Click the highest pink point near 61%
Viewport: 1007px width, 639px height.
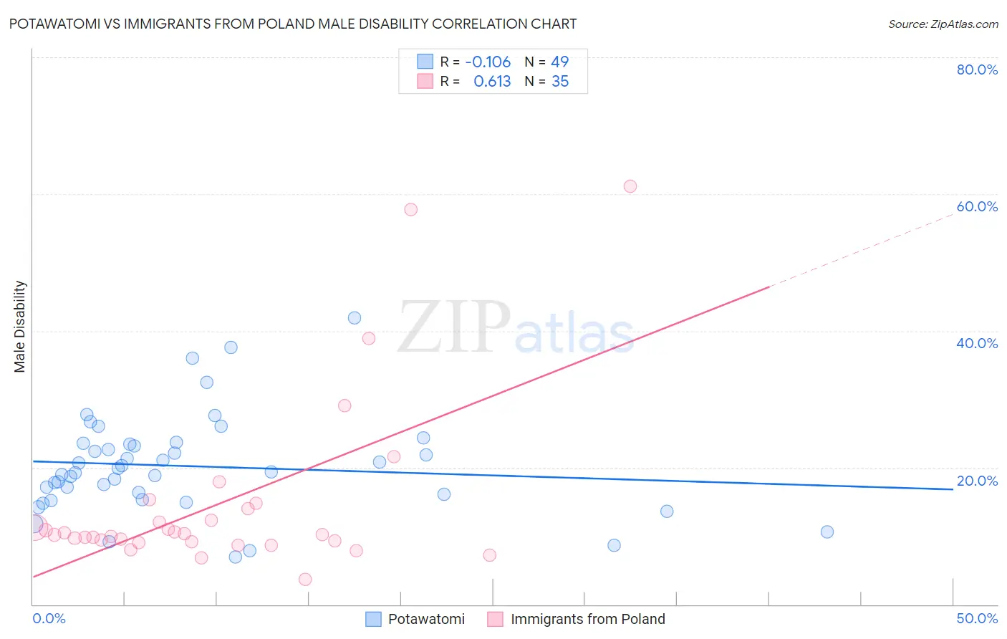[x=630, y=186]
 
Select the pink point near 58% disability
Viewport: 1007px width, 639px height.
[x=410, y=210]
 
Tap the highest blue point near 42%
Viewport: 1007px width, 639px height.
[x=355, y=318]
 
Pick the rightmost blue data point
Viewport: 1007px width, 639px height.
[x=827, y=532]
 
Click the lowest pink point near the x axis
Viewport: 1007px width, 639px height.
[x=305, y=580]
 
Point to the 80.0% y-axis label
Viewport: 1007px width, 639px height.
[x=977, y=69]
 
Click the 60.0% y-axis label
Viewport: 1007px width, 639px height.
[x=977, y=206]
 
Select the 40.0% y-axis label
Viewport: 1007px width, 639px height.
[x=977, y=343]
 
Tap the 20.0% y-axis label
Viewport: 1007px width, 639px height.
[x=977, y=481]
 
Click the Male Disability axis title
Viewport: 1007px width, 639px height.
[x=20, y=327]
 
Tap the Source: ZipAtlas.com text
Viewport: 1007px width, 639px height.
[x=943, y=24]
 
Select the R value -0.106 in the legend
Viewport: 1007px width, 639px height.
[x=488, y=62]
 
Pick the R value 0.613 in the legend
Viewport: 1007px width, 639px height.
[x=492, y=82]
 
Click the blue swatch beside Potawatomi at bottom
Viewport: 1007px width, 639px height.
[x=373, y=619]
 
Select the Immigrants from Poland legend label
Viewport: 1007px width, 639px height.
[x=587, y=619]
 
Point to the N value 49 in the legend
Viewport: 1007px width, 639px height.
[x=559, y=62]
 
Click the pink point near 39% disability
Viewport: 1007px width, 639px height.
[x=369, y=339]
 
